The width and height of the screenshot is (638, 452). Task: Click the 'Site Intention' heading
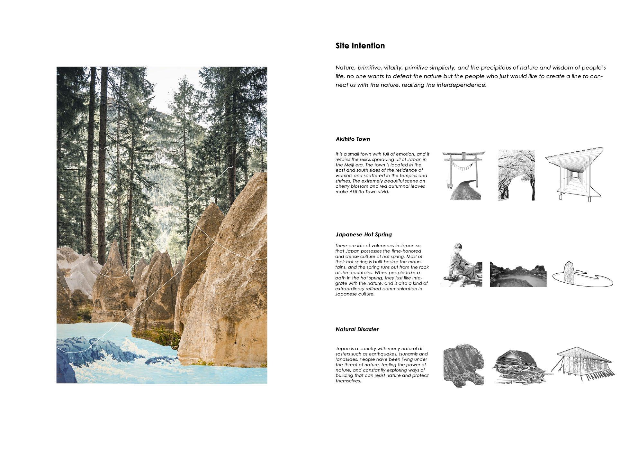pos(360,46)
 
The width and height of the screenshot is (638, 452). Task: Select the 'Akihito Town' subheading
pos(353,139)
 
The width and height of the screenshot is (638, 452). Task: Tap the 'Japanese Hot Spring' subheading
pos(364,235)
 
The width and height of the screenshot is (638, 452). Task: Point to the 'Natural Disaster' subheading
pos(357,329)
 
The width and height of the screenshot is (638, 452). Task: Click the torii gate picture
pos(463,175)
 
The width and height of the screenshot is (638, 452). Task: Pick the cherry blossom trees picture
pos(517,175)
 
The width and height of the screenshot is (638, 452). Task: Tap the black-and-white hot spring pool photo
pos(518,274)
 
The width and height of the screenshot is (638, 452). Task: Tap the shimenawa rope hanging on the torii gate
pos(463,167)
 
